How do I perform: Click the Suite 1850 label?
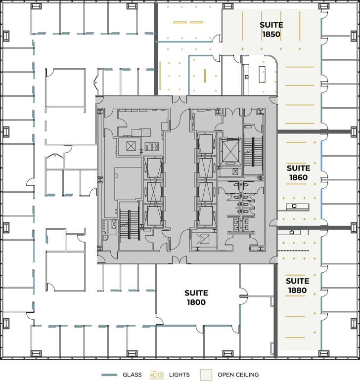pyautogui.click(x=271, y=30)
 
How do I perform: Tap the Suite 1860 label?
pyautogui.click(x=298, y=172)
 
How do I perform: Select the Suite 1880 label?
pyautogui.click(x=297, y=286)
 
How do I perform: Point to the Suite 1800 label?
pyautogui.click(x=196, y=297)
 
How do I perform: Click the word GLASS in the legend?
pyautogui.click(x=132, y=375)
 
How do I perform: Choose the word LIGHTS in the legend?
pyautogui.click(x=179, y=375)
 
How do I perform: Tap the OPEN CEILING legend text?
pyautogui.click(x=238, y=375)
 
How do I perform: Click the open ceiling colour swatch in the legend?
pyautogui.click(x=206, y=375)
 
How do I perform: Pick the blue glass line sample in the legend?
pyautogui.click(x=109, y=375)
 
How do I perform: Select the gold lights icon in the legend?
pyautogui.click(x=157, y=375)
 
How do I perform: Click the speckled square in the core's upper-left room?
pyautogui.click(x=146, y=132)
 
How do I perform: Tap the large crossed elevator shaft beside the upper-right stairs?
pyautogui.click(x=229, y=151)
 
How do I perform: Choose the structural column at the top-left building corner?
pyautogui.click(x=36, y=7)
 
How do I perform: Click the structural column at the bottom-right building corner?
pyautogui.click(x=324, y=353)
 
